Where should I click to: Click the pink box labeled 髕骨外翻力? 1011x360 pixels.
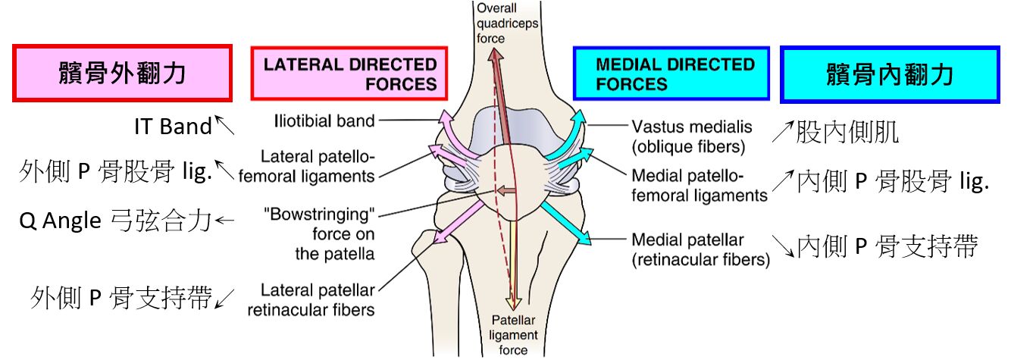[x=122, y=73]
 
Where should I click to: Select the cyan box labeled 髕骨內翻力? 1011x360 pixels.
[x=889, y=74]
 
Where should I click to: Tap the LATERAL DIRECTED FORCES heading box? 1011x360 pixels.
[x=349, y=74]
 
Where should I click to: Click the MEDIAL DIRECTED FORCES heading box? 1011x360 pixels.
[x=671, y=74]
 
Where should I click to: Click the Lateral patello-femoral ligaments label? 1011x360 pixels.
[x=317, y=167]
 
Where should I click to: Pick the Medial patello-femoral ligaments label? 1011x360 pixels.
[x=699, y=185]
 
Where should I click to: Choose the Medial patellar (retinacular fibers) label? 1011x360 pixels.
[x=700, y=250]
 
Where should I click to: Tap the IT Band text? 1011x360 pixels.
[x=174, y=127]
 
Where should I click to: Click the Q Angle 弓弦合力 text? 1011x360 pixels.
[x=114, y=221]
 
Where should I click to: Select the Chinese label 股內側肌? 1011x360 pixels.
[x=847, y=134]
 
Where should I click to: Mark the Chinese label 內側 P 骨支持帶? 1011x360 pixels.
[x=887, y=246]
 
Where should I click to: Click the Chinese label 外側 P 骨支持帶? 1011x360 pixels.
[x=121, y=298]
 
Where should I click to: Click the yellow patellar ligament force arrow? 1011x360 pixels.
[x=513, y=265]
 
